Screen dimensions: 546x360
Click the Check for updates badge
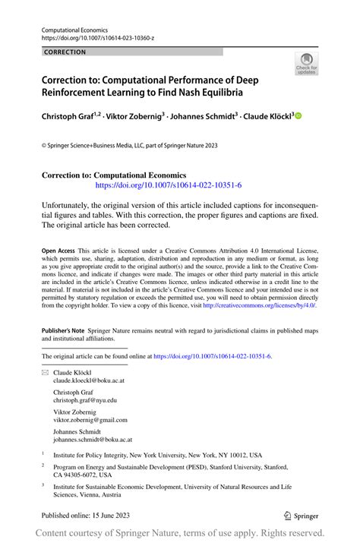point(307,63)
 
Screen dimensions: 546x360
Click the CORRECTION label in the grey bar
point(65,52)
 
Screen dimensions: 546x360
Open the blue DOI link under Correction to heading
point(168,185)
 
